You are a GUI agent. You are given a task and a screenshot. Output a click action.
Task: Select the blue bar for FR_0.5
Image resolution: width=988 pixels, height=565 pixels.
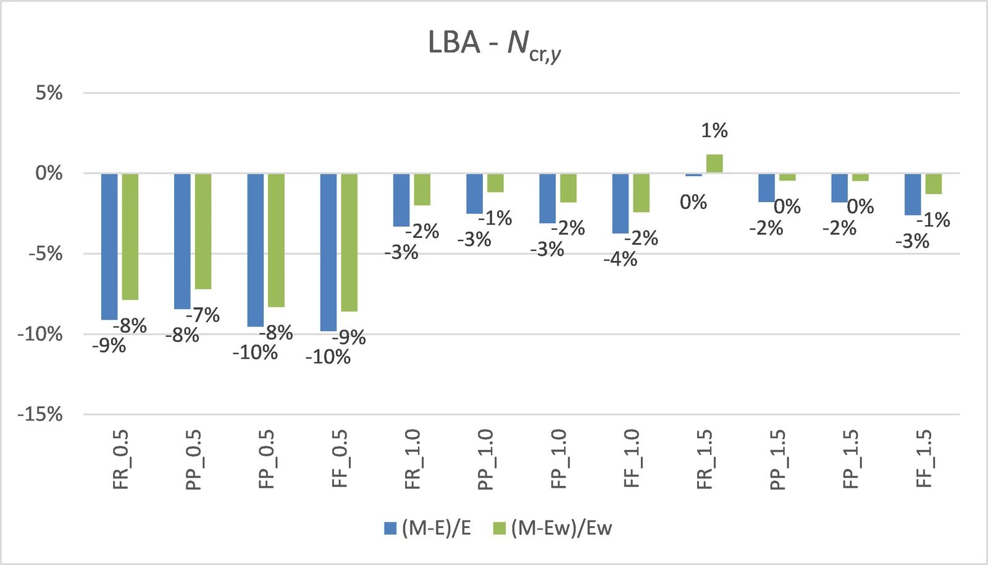point(109,246)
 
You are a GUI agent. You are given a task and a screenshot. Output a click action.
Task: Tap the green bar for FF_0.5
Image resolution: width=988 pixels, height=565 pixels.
point(350,242)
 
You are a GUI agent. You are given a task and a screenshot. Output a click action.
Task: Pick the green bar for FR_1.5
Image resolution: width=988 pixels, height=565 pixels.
point(714,163)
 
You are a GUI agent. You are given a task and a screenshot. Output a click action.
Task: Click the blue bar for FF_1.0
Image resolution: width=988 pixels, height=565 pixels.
point(621,203)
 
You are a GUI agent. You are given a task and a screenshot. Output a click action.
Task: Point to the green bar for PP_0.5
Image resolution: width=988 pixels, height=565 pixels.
point(203,231)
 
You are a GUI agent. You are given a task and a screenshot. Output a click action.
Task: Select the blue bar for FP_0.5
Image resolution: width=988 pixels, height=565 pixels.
point(256,250)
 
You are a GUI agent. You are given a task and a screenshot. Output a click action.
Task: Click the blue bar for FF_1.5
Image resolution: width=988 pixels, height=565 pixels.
point(913,194)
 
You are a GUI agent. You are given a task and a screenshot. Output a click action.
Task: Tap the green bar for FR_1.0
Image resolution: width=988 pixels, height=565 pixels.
point(422,189)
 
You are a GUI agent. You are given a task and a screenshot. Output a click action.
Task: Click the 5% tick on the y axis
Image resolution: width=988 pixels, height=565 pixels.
point(49,93)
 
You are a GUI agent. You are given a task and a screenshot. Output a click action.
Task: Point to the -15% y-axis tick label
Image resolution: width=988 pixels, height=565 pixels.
point(40,415)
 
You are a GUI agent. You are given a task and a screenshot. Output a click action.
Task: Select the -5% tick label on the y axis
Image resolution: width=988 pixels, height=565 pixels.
point(46,254)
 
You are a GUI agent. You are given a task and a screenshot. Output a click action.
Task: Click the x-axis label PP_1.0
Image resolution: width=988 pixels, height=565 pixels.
point(485,459)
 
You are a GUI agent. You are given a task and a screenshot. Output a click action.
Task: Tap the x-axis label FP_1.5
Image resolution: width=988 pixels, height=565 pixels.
point(851,459)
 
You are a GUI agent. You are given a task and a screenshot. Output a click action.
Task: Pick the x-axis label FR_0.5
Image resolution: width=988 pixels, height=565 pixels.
point(120,459)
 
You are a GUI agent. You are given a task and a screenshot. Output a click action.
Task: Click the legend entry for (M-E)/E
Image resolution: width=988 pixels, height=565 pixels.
point(428,528)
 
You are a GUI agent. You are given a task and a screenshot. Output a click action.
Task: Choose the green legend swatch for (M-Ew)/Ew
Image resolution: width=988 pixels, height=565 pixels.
point(499,529)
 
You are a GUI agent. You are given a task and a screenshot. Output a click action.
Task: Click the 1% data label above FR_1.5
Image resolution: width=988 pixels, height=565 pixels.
point(714,130)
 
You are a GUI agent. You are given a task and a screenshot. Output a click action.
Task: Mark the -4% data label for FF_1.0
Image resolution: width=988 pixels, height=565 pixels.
point(621,259)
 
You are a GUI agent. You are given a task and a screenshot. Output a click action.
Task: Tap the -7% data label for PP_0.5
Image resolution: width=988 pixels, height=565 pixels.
point(203,315)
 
